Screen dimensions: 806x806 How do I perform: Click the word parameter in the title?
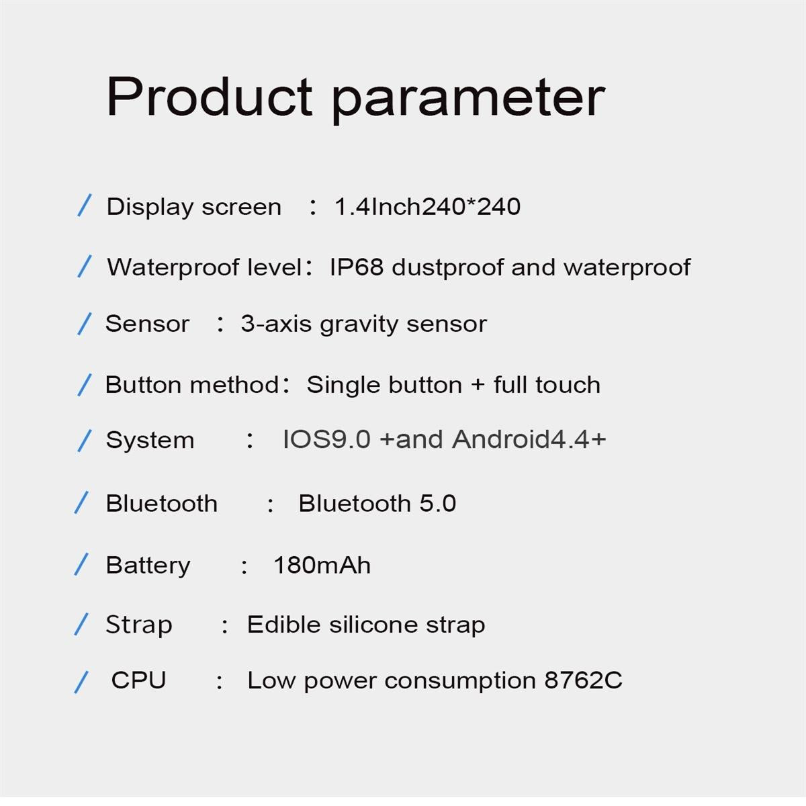pyautogui.click(x=469, y=98)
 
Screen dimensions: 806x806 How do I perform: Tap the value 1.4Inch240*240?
pyautogui.click(x=427, y=207)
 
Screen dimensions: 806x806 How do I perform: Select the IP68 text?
pyautogui.click(x=356, y=267)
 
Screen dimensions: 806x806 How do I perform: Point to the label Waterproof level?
pyautogui.click(x=204, y=267)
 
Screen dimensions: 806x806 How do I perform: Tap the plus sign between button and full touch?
pyautogui.click(x=478, y=385)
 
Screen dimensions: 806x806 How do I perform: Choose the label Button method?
pyautogui.click(x=192, y=385)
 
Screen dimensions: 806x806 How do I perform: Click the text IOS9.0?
pyautogui.click(x=326, y=439)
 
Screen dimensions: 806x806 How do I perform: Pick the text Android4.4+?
pyautogui.click(x=529, y=439)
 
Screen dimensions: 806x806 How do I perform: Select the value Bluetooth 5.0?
pyautogui.click(x=377, y=503)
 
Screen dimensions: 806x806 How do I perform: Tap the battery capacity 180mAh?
pyautogui.click(x=322, y=565)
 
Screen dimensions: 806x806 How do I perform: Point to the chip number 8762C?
pyautogui.click(x=583, y=680)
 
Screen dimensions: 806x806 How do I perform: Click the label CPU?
pyautogui.click(x=138, y=680)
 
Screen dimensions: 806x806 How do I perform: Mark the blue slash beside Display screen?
pyautogui.click(x=84, y=206)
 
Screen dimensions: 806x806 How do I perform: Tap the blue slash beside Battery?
pyautogui.click(x=81, y=564)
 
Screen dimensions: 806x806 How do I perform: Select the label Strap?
pyautogui.click(x=139, y=625)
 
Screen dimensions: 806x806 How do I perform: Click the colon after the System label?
pyautogui.click(x=250, y=441)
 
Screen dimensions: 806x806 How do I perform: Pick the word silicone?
pyautogui.click(x=367, y=625)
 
